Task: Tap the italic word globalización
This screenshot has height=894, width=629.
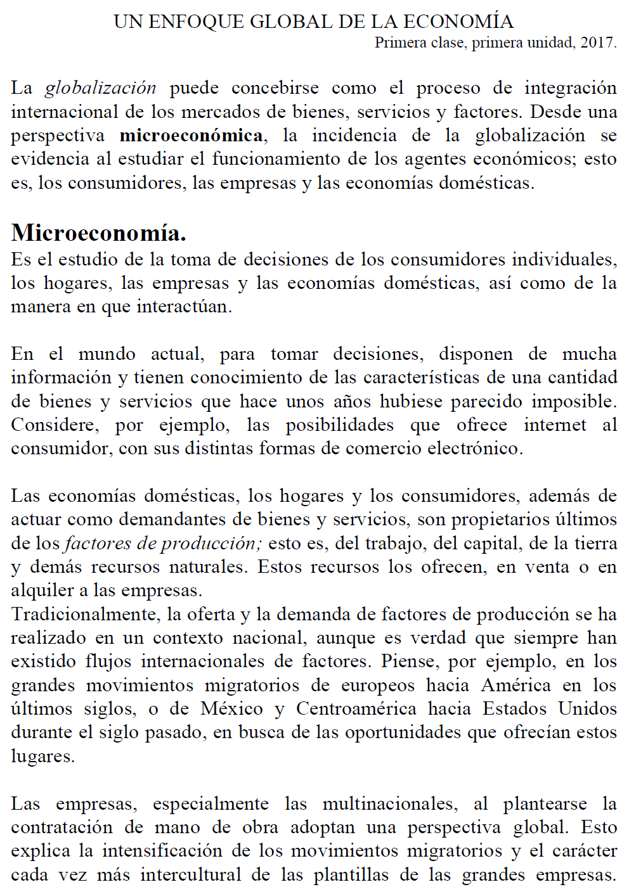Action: click(x=100, y=88)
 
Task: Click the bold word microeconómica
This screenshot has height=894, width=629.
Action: click(x=191, y=136)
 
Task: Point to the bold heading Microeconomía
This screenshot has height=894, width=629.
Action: click(x=98, y=233)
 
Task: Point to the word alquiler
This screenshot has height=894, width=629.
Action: click(x=42, y=591)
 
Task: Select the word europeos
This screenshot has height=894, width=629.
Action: click(x=379, y=686)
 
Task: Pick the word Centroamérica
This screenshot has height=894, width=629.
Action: click(x=356, y=709)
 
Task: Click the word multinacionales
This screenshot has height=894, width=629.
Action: click(x=390, y=804)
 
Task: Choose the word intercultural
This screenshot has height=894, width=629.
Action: click(x=191, y=875)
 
